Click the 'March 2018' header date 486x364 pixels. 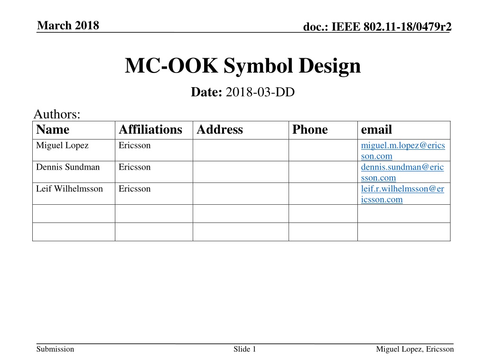[68, 26]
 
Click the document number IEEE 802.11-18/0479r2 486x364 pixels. [378, 28]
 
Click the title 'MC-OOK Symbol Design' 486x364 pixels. [243, 66]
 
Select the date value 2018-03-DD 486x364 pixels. [260, 92]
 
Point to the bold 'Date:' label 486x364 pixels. [206, 92]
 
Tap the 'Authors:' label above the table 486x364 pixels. [57, 114]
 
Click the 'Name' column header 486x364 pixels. [53, 130]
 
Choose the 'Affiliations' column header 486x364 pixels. [150, 130]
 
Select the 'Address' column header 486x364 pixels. [219, 130]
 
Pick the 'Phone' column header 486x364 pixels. [310, 130]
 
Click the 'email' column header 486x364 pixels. [376, 130]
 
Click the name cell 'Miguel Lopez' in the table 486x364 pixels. [62, 146]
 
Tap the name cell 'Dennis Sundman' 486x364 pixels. [68, 167]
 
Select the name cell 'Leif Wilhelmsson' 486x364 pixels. [69, 189]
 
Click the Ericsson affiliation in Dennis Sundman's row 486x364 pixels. [134, 167]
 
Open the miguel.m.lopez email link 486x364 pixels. [403, 150]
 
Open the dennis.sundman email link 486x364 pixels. [402, 172]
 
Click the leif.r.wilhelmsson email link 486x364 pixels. [402, 194]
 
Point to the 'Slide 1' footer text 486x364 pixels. [245, 349]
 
